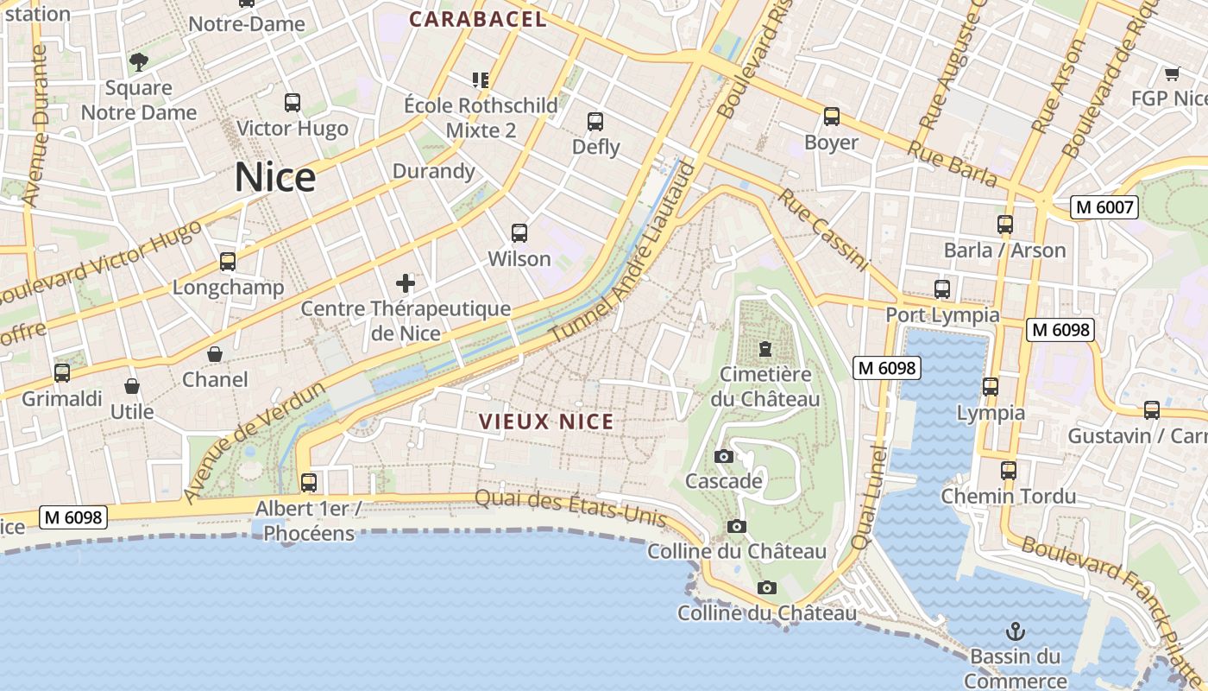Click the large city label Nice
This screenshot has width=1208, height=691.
tap(275, 177)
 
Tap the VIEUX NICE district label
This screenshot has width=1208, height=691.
tap(546, 422)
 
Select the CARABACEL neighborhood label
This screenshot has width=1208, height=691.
tap(478, 19)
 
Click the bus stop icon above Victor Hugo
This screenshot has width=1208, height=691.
tap(293, 103)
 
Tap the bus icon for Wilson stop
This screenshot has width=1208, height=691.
tap(519, 233)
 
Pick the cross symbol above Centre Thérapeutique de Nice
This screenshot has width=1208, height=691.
tap(405, 282)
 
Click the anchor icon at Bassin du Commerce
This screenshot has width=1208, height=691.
tap(1016, 631)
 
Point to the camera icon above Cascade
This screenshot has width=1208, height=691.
tap(723, 456)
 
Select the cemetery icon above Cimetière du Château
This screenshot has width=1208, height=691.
tap(764, 349)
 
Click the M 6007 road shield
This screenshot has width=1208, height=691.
tap(1104, 206)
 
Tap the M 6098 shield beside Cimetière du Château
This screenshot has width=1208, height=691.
tap(887, 368)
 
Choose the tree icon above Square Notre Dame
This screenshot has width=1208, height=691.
tap(138, 61)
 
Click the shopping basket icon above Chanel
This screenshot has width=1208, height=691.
tap(215, 354)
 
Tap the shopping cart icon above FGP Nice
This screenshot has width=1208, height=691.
tap(1172, 73)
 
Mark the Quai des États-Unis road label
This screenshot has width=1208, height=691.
tap(570, 508)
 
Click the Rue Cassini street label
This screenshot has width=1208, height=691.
tap(824, 230)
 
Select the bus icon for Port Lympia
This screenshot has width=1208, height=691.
tap(942, 289)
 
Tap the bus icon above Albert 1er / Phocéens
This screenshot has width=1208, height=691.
tap(308, 482)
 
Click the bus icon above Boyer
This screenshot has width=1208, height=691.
tap(831, 117)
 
